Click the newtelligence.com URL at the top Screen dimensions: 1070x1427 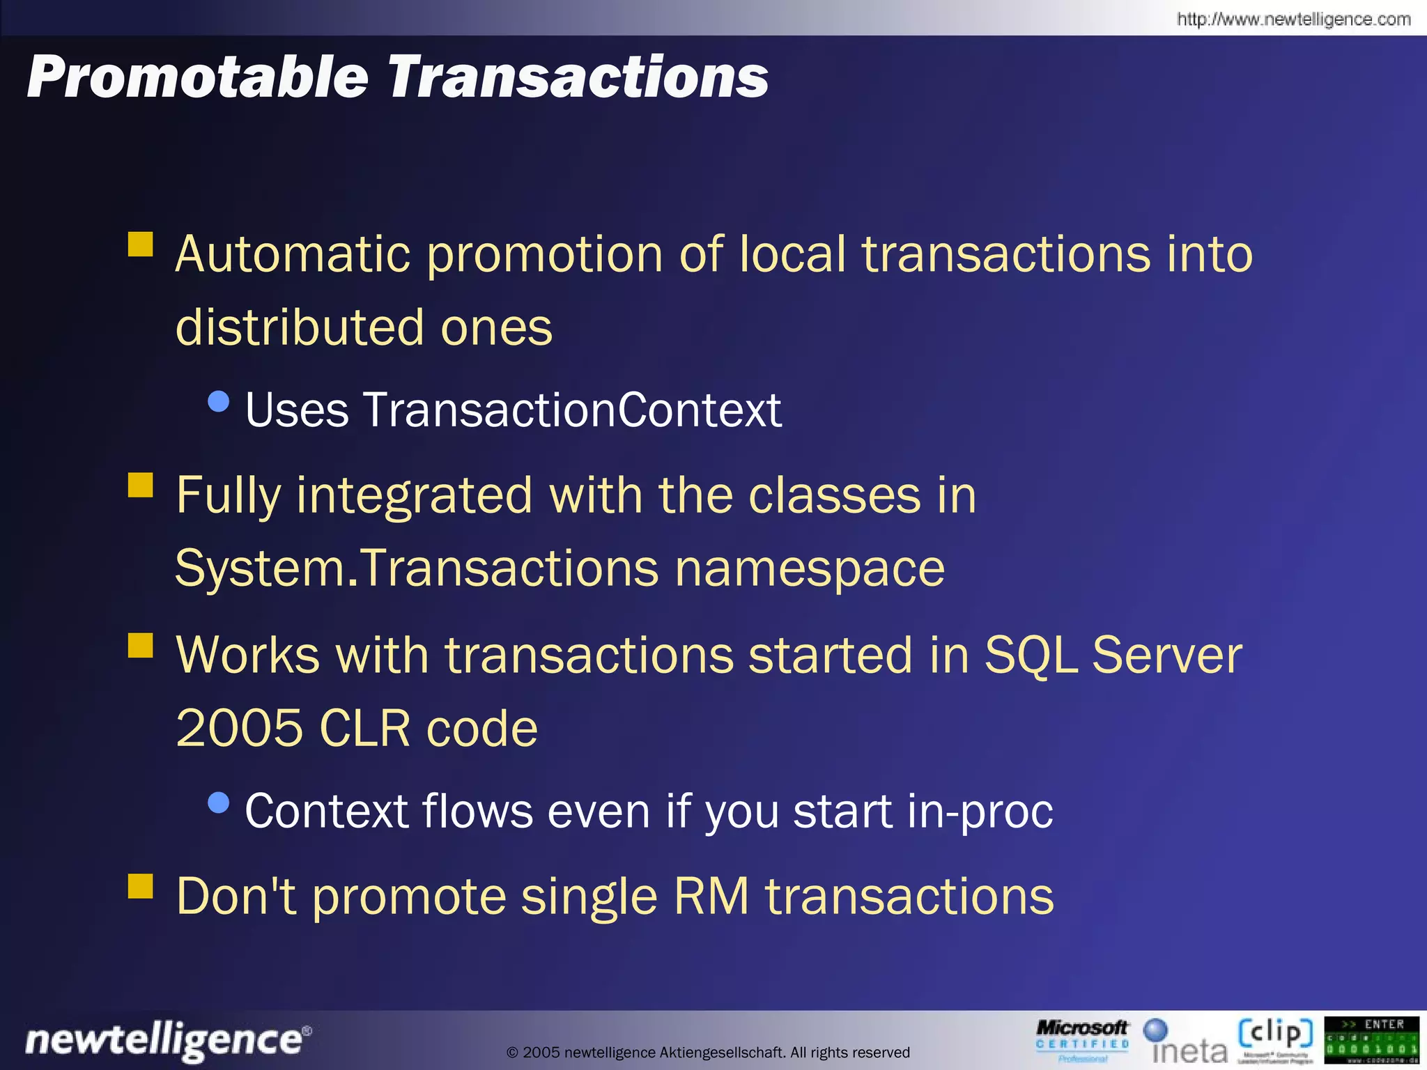point(1293,19)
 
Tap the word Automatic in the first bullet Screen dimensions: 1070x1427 point(292,254)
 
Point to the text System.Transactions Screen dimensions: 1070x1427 point(416,568)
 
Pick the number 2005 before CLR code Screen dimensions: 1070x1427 point(239,729)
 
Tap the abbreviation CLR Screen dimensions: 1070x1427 point(364,729)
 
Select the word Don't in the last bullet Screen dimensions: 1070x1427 point(236,897)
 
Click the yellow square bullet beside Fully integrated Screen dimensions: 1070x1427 point(141,485)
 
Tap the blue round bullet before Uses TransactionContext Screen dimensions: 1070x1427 point(219,401)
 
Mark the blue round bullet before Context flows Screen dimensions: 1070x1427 point(219,803)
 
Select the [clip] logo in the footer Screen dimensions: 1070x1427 point(1275,1038)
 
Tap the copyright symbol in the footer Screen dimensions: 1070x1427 point(512,1053)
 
